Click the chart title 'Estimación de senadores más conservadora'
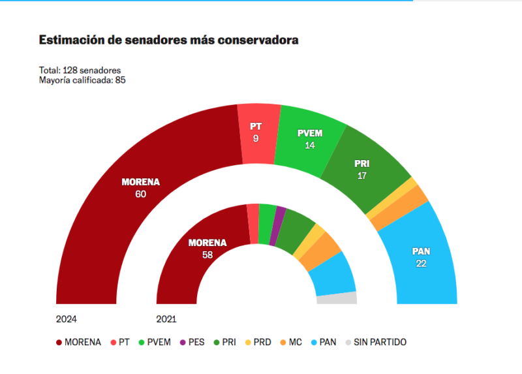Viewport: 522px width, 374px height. (x=169, y=40)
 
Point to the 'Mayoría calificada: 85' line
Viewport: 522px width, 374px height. (x=82, y=80)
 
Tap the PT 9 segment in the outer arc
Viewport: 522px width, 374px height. (x=255, y=131)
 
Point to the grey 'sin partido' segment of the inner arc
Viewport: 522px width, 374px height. (x=337, y=298)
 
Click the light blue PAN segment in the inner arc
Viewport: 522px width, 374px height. (x=333, y=274)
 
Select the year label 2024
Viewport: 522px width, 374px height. (x=67, y=319)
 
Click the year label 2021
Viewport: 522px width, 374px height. (x=166, y=319)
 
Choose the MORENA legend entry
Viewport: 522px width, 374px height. (x=78, y=342)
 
